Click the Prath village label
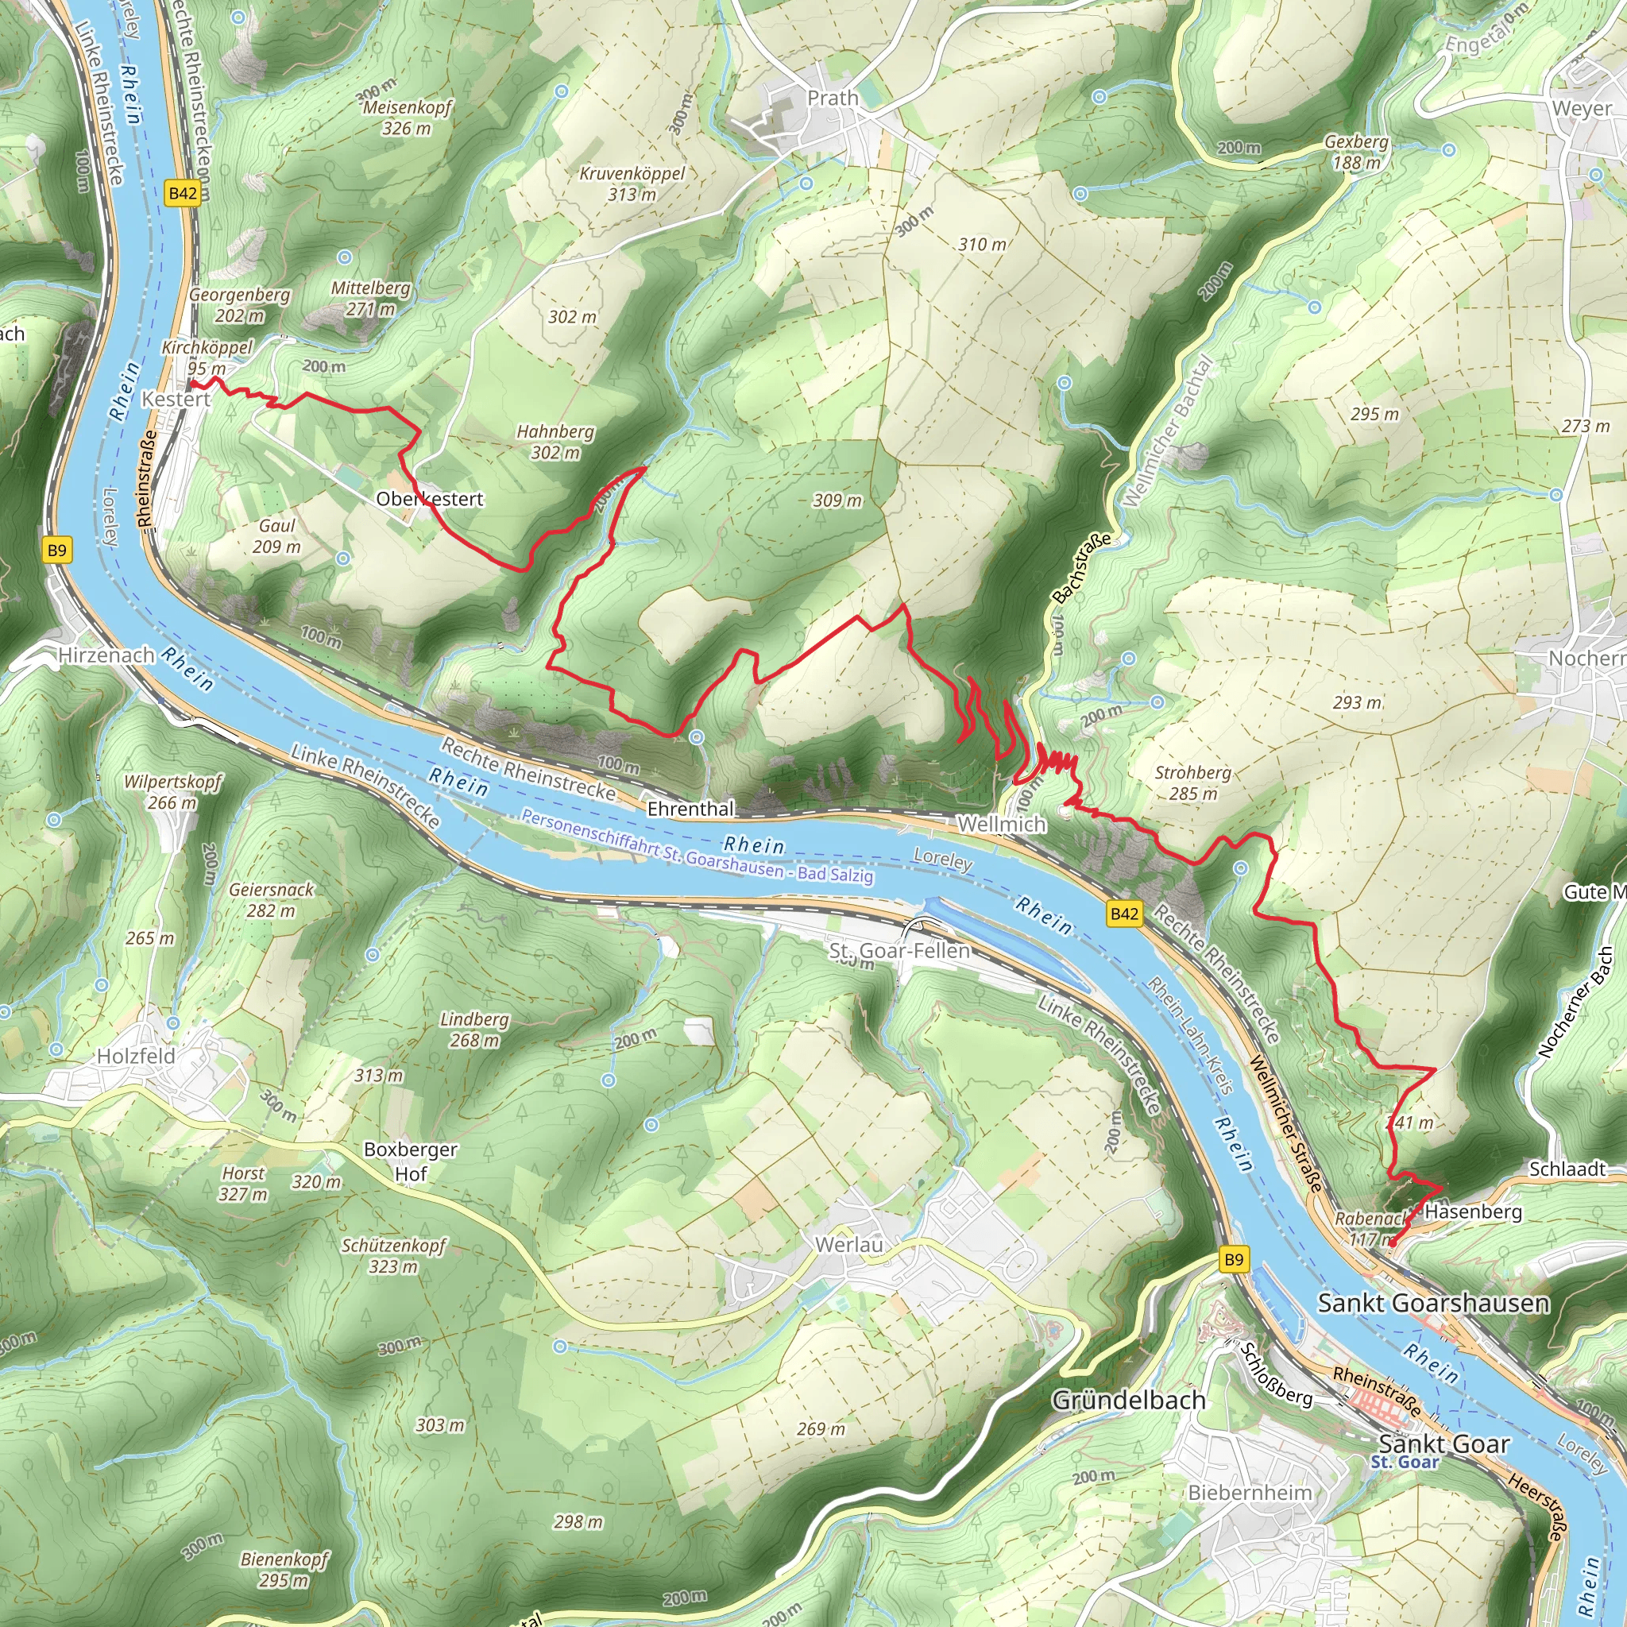click(832, 99)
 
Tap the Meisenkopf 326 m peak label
click(407, 118)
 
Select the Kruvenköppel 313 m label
click(632, 184)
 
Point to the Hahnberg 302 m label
click(555, 442)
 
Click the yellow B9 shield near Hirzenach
click(56, 551)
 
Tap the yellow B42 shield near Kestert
click(183, 194)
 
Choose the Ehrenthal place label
click(690, 810)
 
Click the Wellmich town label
click(1002, 825)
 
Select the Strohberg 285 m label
click(1192, 783)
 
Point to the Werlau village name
click(849, 1245)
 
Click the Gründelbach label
click(1128, 1401)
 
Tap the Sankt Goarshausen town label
click(1433, 1304)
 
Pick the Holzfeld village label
click(137, 1056)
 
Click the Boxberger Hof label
click(411, 1161)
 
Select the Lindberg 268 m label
click(475, 1030)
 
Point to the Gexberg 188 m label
click(1356, 152)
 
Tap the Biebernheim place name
click(1250, 1493)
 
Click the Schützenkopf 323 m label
click(393, 1256)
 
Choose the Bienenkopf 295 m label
click(284, 1570)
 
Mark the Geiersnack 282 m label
click(271, 900)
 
